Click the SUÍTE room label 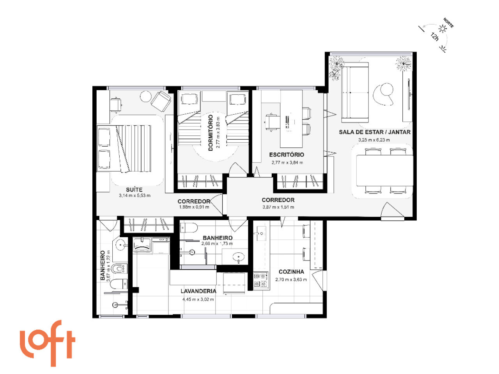[x=134, y=190]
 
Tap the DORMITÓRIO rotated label [x=211, y=133]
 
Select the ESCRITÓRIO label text [x=287, y=154]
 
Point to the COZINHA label [x=291, y=272]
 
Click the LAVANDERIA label [x=198, y=291]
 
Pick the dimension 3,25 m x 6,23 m [x=374, y=140]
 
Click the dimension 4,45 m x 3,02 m [x=198, y=300]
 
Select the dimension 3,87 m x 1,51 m [x=278, y=207]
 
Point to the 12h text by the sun [x=435, y=37]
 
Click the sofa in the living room [x=355, y=92]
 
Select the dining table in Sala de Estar [x=384, y=170]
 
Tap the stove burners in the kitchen [x=261, y=280]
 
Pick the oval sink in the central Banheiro [x=239, y=257]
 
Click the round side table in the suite [x=145, y=97]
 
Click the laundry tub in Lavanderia [x=142, y=245]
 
